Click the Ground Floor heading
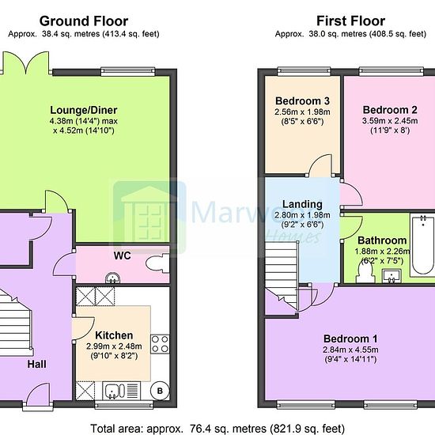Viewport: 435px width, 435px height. click(x=84, y=21)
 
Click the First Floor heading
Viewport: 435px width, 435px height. click(x=350, y=21)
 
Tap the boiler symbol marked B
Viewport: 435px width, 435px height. click(x=160, y=391)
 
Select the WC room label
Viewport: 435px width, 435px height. click(x=122, y=255)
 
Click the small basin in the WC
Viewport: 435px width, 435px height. click(x=112, y=278)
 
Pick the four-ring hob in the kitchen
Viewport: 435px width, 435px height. click(x=160, y=344)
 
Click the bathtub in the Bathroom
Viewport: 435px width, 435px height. click(x=422, y=245)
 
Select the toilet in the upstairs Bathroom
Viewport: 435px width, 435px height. click(x=365, y=272)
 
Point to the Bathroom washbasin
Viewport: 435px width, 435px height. click(x=391, y=276)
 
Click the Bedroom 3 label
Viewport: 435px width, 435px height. click(x=302, y=101)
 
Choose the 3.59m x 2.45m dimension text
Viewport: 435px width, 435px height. click(x=390, y=121)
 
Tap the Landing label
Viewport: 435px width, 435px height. click(x=302, y=205)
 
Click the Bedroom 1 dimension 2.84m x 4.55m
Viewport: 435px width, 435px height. click(x=350, y=350)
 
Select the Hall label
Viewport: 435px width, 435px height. click(x=37, y=365)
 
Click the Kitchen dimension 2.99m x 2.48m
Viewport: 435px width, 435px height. click(x=114, y=346)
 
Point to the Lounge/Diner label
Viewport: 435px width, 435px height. click(x=84, y=110)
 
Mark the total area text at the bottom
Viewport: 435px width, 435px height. click(x=217, y=429)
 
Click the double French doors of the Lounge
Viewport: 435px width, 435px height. click(x=26, y=63)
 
